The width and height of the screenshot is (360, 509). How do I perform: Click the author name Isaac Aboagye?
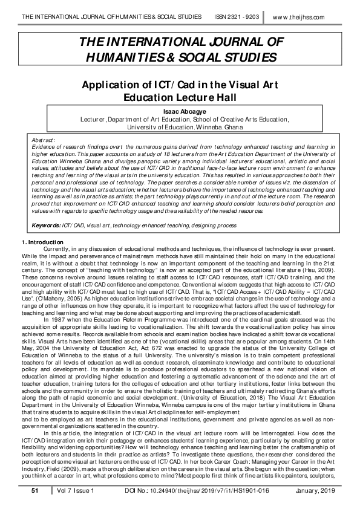[x=180, y=112]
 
